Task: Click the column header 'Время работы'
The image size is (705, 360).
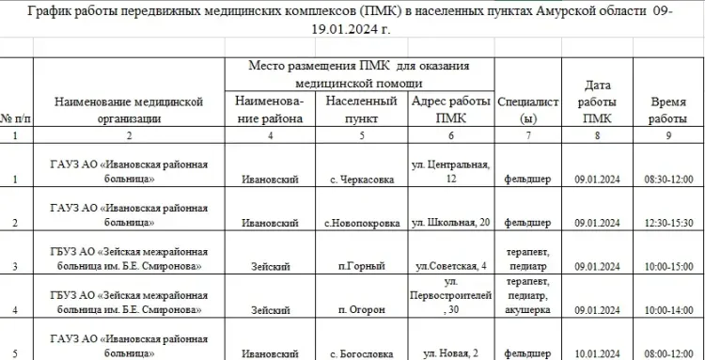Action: [x=668, y=110]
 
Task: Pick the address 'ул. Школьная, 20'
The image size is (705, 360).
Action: [x=452, y=223]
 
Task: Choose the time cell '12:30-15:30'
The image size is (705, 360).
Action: [x=668, y=223]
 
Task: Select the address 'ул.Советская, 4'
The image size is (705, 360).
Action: [x=452, y=266]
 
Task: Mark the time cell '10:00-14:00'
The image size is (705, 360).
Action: [x=668, y=309]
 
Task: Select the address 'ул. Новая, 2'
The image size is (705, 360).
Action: [x=452, y=353]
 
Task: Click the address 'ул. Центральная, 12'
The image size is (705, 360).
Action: [x=452, y=171]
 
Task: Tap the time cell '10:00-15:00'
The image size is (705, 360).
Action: [x=668, y=266]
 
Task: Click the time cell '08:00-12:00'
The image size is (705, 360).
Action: [x=668, y=353]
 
